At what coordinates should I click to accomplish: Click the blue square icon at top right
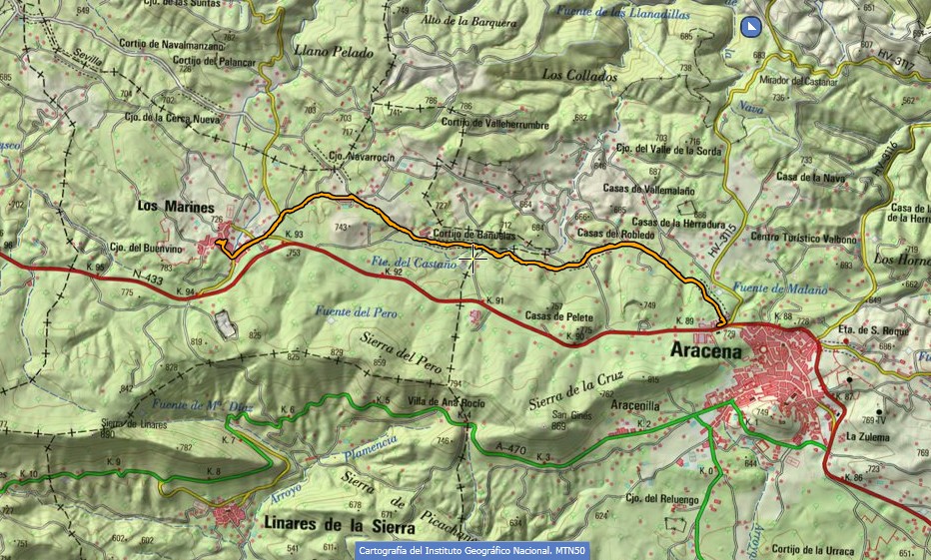click(752, 26)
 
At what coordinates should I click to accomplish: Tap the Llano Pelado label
click(334, 52)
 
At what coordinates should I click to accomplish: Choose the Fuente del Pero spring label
click(357, 312)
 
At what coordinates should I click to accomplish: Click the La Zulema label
click(865, 436)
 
